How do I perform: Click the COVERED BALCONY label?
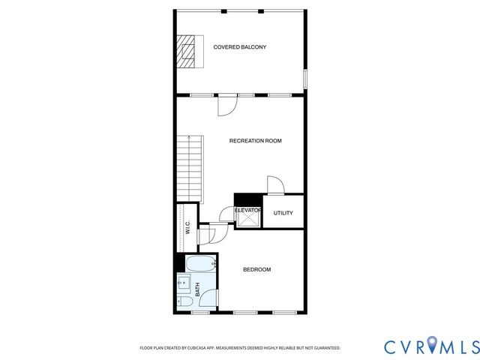tap(239, 47)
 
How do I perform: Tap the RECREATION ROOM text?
tap(255, 140)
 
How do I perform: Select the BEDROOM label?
tap(256, 269)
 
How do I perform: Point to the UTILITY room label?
tap(283, 213)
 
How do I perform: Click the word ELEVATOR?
tap(247, 211)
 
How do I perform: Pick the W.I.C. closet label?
tap(187, 228)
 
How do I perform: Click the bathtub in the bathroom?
tap(200, 264)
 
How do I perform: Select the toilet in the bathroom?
tap(182, 301)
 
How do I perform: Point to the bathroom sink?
tap(182, 284)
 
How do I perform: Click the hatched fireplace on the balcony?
tap(185, 51)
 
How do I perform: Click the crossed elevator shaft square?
tap(247, 220)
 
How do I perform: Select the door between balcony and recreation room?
tap(226, 104)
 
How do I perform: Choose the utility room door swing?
tap(275, 184)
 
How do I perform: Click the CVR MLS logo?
tap(430, 346)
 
